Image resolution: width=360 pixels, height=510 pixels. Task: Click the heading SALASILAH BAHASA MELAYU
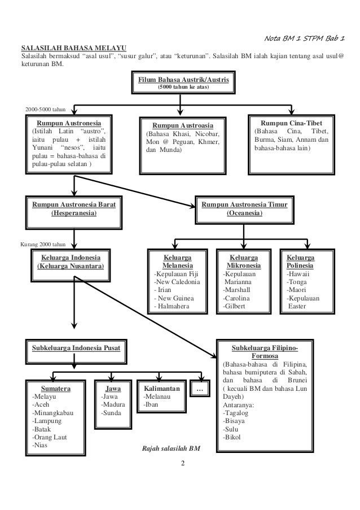coord(74,47)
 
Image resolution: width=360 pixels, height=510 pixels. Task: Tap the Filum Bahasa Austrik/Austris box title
coord(180,81)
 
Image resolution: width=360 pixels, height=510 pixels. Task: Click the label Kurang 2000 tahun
coord(43,245)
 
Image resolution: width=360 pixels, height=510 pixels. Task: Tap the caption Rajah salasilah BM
coord(172,449)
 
